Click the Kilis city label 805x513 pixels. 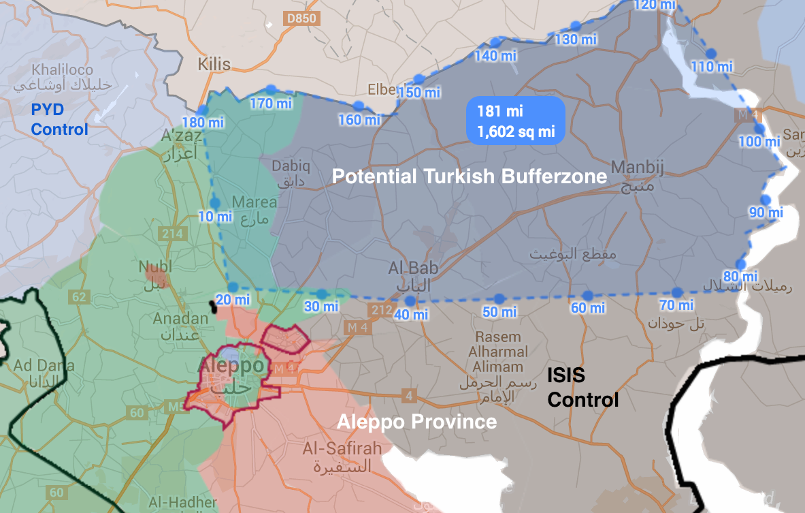click(214, 65)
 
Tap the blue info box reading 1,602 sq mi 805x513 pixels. click(516, 121)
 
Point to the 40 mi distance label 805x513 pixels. click(411, 315)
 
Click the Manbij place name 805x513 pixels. click(637, 167)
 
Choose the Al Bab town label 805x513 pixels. click(413, 268)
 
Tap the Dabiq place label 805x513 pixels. click(291, 166)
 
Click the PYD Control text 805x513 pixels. click(59, 119)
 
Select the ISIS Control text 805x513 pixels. click(583, 387)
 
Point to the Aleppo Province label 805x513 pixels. click(416, 422)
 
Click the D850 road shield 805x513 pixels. click(301, 18)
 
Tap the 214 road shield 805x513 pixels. click(172, 234)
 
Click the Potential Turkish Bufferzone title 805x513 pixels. click(469, 176)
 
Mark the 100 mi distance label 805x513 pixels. click(759, 142)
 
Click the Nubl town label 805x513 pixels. click(155, 266)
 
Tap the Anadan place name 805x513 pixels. click(180, 319)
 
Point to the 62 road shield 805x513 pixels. click(79, 296)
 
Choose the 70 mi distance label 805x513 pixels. click(676, 305)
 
